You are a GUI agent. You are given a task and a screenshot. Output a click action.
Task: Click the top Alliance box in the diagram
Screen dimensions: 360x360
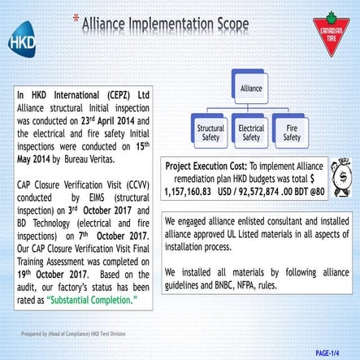click(251, 86)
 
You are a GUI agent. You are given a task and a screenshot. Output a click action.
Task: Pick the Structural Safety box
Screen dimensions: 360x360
click(211, 132)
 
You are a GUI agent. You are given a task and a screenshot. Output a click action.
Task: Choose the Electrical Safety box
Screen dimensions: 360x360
click(251, 132)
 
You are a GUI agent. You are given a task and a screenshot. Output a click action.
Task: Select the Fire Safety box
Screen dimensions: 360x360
click(291, 132)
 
